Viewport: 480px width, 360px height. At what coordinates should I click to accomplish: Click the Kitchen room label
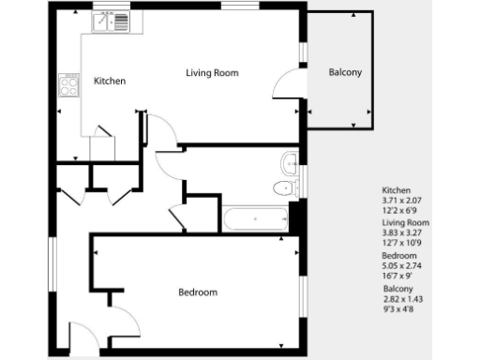110,82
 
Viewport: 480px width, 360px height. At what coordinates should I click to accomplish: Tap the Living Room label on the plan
212,72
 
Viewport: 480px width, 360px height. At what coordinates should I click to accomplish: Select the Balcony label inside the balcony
345,72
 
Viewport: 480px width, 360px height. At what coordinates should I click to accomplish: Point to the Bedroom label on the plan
197,292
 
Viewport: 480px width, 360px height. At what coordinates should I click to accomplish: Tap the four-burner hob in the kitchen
68,85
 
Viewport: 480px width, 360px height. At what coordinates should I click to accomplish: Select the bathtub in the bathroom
254,219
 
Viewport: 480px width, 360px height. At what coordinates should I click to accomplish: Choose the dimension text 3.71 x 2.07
402,200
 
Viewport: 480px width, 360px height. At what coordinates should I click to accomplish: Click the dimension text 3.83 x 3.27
402,233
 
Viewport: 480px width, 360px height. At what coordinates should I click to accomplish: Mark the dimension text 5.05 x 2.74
402,266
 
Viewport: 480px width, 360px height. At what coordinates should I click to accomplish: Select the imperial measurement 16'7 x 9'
397,277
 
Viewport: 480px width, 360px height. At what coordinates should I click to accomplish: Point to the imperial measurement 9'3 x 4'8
398,310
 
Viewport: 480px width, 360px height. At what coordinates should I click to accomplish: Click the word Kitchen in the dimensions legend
397,189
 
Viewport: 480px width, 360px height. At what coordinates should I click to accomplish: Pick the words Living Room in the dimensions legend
405,223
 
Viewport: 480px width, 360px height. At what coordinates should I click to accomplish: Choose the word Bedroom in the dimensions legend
399,256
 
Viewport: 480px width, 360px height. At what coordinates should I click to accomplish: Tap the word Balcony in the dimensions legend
398,289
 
